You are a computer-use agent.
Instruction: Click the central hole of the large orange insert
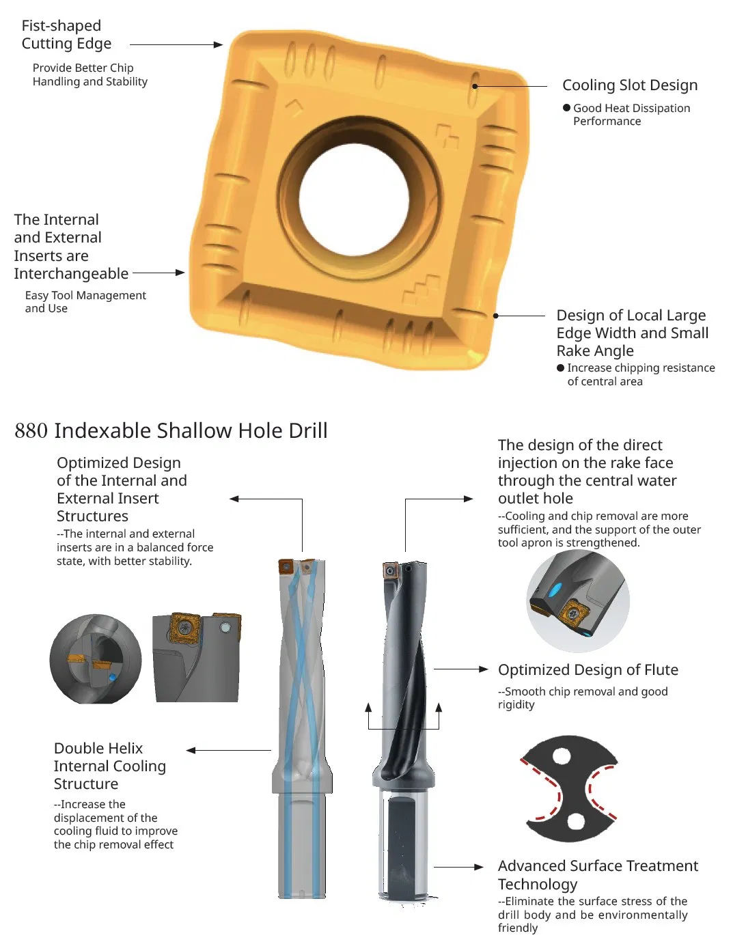click(x=354, y=200)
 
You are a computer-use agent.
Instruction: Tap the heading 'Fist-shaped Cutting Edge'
click(x=66, y=34)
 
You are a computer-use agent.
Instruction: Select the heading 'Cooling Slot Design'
click(x=630, y=85)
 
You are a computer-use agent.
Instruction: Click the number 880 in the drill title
click(x=31, y=431)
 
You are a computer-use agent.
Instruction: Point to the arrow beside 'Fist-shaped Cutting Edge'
click(x=176, y=44)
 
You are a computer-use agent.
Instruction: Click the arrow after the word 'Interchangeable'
click(x=158, y=273)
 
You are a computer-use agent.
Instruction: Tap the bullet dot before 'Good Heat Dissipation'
click(x=566, y=108)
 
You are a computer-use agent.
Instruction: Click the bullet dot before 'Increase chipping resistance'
click(x=560, y=368)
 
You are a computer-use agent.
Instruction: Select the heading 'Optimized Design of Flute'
click(x=588, y=669)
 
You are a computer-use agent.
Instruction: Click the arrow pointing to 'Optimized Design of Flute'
click(x=460, y=669)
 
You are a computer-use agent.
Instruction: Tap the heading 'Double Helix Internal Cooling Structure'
click(x=109, y=766)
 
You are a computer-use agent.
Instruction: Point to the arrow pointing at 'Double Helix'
click(x=229, y=750)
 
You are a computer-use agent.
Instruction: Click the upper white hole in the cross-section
click(x=562, y=756)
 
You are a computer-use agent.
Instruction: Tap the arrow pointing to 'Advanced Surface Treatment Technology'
click(x=458, y=867)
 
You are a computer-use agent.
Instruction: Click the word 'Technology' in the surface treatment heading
click(x=538, y=884)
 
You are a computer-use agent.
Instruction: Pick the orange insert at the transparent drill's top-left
click(x=286, y=567)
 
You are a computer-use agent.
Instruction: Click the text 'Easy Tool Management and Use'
click(x=85, y=302)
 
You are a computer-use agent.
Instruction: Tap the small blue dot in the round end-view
click(x=112, y=677)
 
